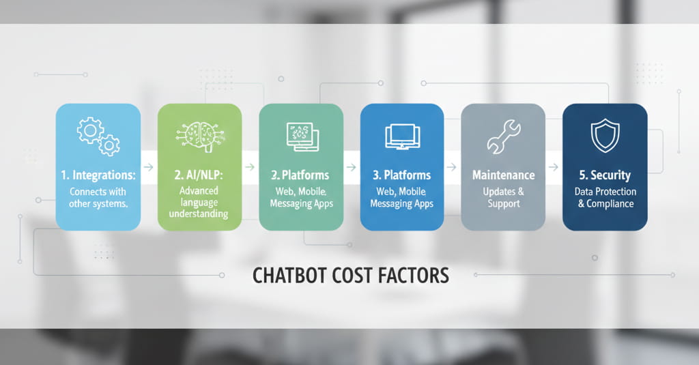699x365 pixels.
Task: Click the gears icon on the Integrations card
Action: pyautogui.click(x=98, y=136)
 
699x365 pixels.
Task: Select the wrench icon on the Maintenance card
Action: pyautogui.click(x=504, y=136)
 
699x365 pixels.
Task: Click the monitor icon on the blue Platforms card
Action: pyautogui.click(x=402, y=136)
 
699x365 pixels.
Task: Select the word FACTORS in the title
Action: pyautogui.click(x=415, y=275)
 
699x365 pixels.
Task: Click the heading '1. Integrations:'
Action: pyautogui.click(x=98, y=175)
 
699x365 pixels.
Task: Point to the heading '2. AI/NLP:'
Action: pyautogui.click(x=199, y=175)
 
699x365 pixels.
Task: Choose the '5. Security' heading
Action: pyautogui.click(x=604, y=175)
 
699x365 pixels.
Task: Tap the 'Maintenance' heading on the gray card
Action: pyautogui.click(x=504, y=175)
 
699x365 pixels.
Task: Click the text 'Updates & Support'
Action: pyautogui.click(x=504, y=198)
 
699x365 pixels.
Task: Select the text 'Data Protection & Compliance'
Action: pyautogui.click(x=604, y=198)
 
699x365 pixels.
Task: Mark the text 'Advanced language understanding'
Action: pyautogui.click(x=199, y=203)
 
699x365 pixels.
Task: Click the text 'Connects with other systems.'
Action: pyautogui.click(x=98, y=198)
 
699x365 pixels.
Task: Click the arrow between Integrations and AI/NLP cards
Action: pyautogui.click(x=149, y=166)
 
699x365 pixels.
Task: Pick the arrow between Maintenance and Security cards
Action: pyautogui.click(x=553, y=166)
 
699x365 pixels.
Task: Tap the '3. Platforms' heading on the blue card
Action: pyautogui.click(x=402, y=175)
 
